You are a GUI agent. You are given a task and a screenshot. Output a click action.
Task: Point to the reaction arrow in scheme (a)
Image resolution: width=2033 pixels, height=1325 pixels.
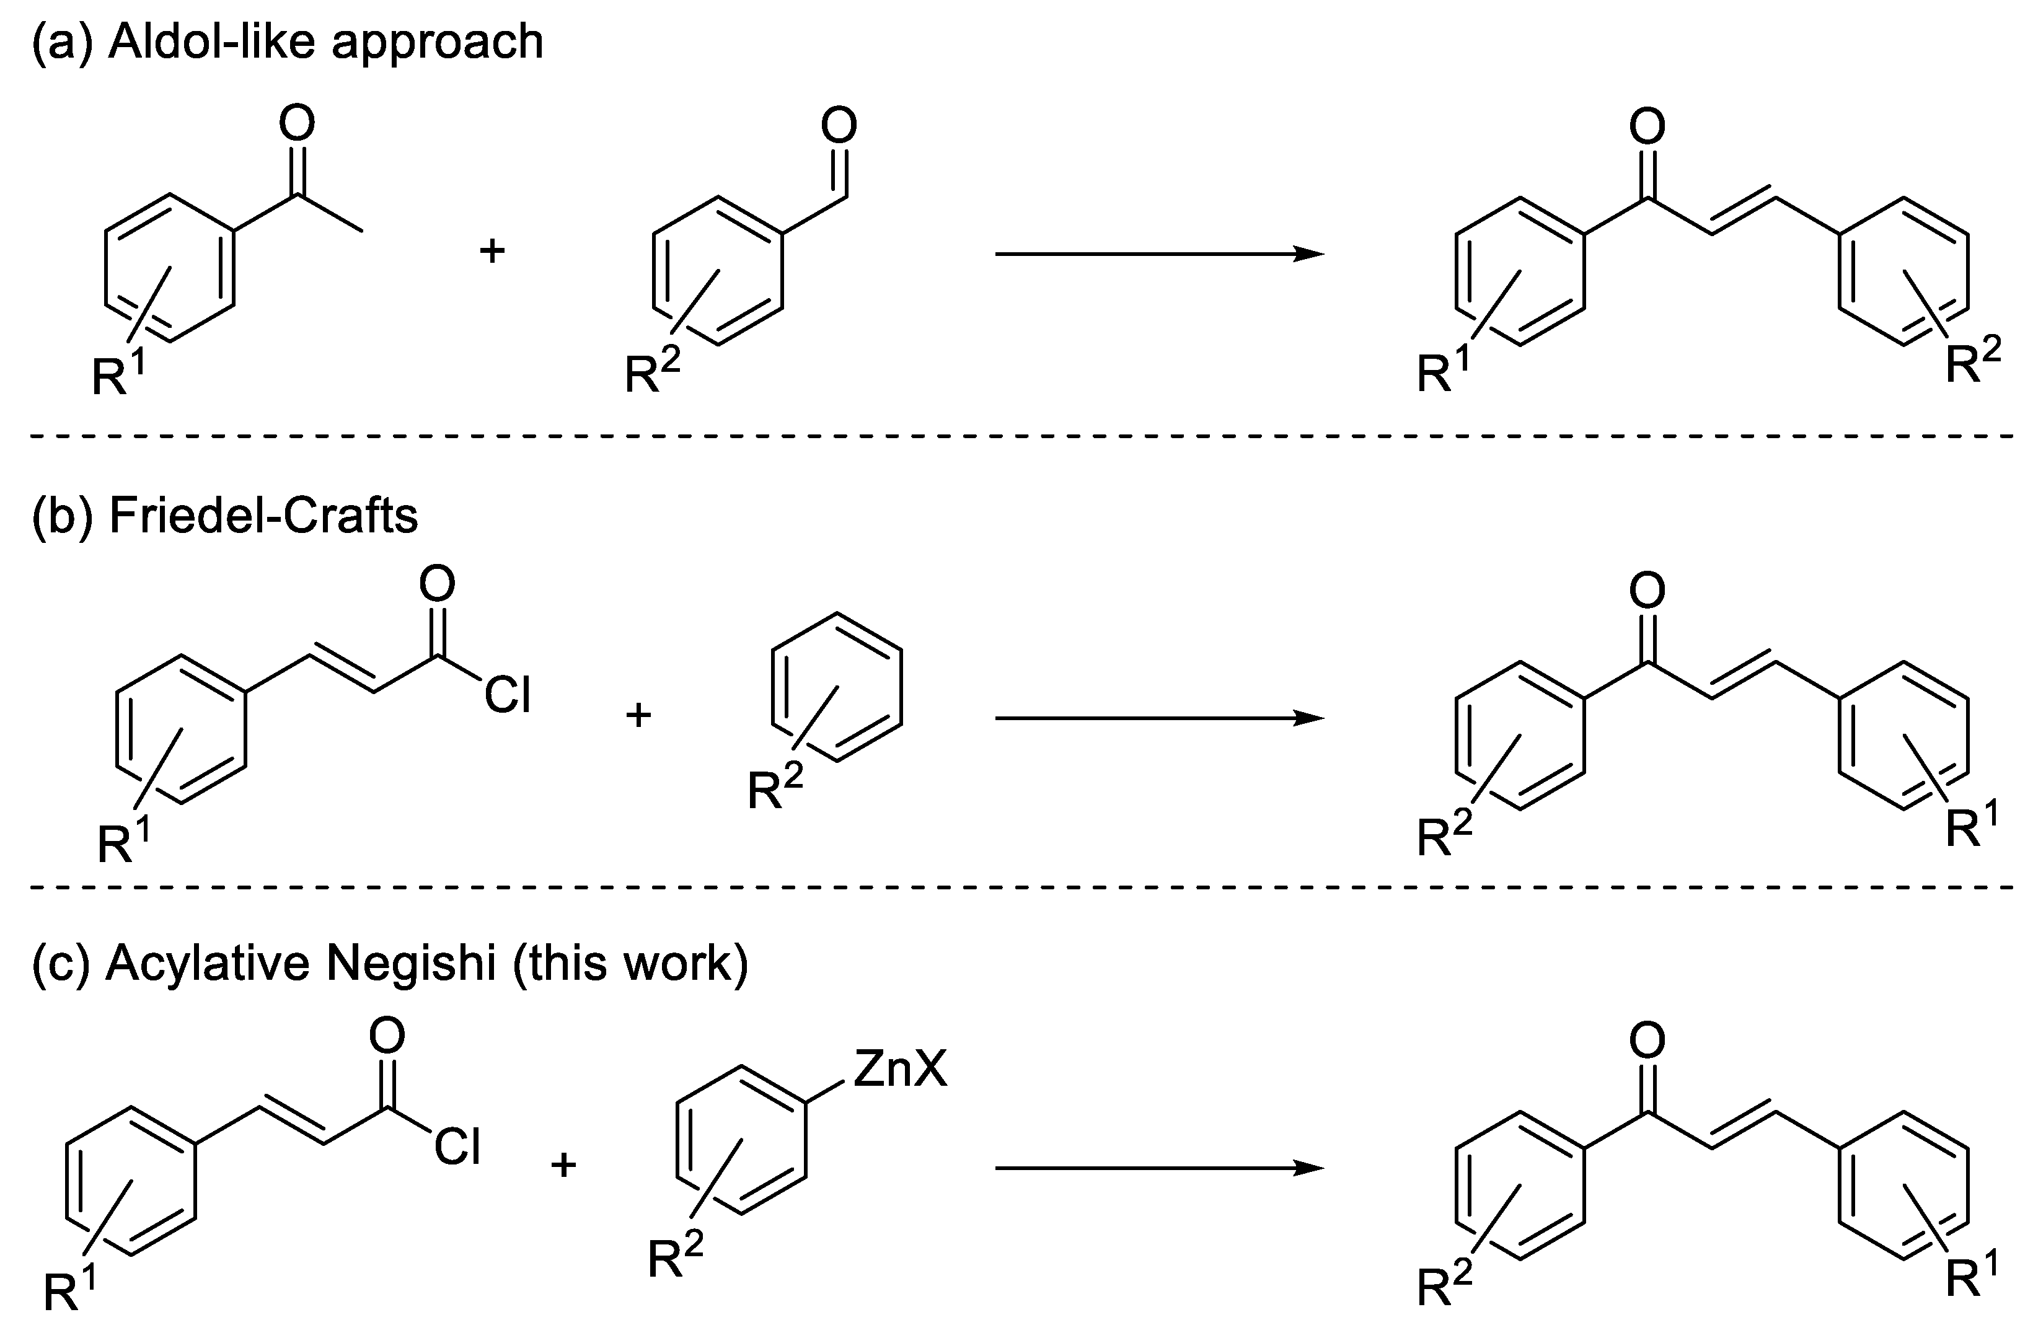(1158, 253)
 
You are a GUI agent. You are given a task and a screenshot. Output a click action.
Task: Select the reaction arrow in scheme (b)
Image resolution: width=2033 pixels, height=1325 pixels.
(1158, 718)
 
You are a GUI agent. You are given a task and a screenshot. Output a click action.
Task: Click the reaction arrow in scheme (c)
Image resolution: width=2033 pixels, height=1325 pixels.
(1158, 1168)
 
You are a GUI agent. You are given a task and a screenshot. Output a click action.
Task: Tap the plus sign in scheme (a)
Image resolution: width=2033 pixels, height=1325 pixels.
(492, 251)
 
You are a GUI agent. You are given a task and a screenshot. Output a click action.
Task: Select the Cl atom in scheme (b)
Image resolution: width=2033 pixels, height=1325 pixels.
(508, 695)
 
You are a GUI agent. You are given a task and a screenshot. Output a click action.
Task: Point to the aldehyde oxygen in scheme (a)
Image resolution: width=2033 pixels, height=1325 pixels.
(838, 126)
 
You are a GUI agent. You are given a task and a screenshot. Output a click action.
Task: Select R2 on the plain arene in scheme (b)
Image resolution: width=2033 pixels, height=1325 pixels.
(774, 788)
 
